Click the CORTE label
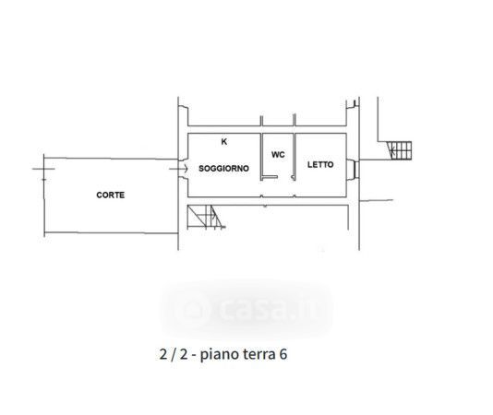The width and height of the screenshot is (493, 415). (111, 196)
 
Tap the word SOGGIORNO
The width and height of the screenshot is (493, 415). (223, 169)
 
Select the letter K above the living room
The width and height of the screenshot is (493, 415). (224, 142)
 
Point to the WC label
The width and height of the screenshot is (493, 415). (278, 155)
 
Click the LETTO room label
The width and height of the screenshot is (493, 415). (320, 165)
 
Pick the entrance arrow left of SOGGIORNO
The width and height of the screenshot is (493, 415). (178, 169)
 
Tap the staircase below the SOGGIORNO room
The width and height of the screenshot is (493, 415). (206, 217)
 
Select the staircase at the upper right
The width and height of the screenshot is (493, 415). (400, 150)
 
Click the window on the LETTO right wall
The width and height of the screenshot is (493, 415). (353, 169)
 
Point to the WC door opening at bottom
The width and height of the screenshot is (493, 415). (286, 178)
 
